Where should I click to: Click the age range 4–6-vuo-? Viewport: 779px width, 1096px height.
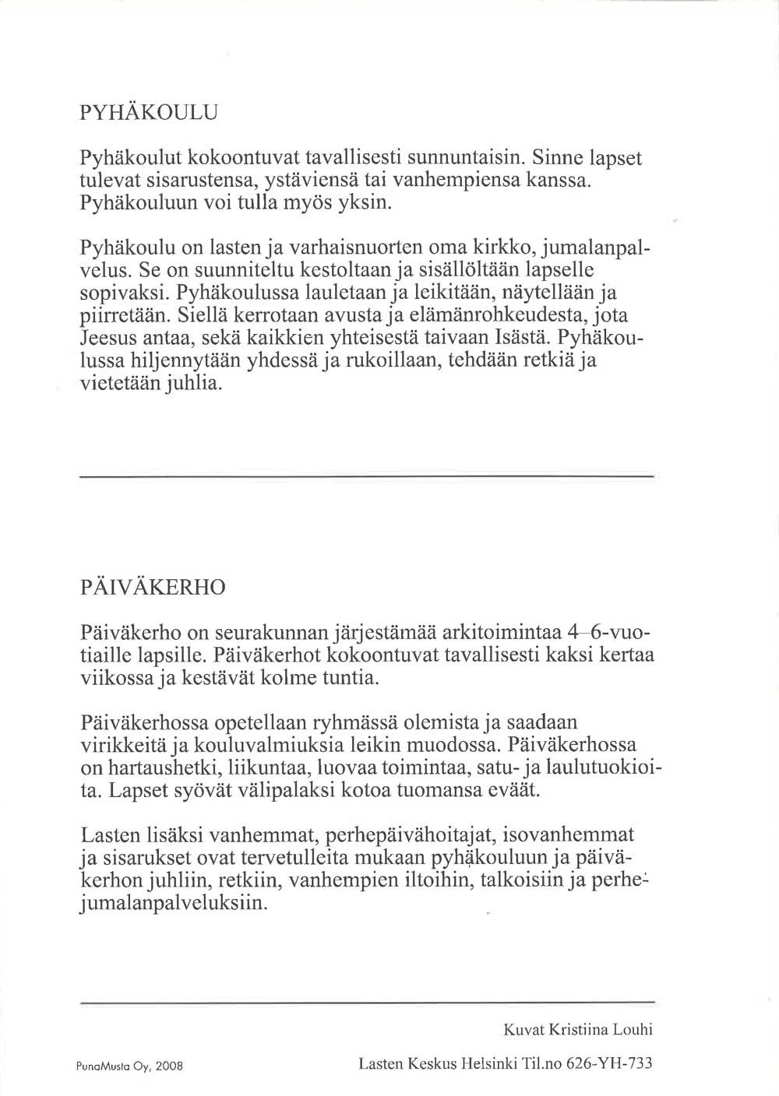click(x=606, y=631)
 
